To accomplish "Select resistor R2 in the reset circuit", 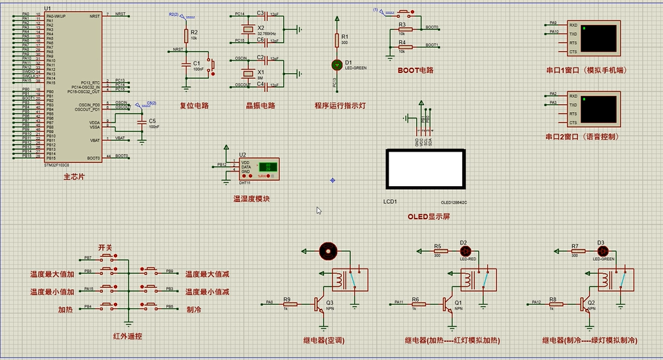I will (x=186, y=35).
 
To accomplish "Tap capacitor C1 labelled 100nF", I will (x=186, y=64).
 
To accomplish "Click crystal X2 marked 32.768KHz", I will (x=247, y=28).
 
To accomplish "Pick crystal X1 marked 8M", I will (x=247, y=72).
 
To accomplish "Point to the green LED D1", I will (x=337, y=65).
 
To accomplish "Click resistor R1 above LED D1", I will (x=337, y=39).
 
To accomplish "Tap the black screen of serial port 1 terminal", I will (x=600, y=38).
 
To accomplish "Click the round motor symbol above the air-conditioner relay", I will (x=328, y=250).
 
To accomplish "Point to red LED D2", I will (x=464, y=251).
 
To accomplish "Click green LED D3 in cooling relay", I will (x=601, y=251).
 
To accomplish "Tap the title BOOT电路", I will (x=415, y=70).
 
